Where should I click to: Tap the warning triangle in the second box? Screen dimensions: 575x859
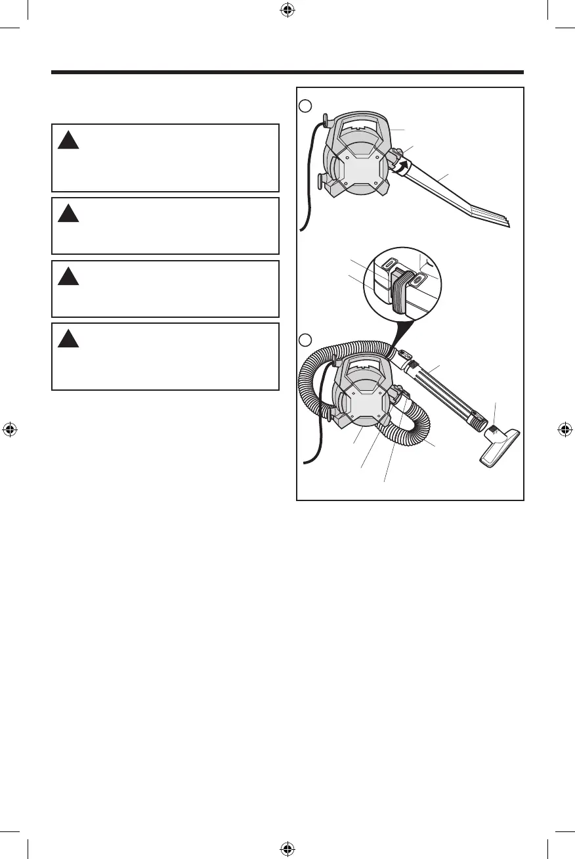pyautogui.click(x=67, y=213)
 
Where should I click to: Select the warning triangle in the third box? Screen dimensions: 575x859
pyautogui.click(x=67, y=276)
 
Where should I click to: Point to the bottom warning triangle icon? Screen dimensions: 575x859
pyautogui.click(x=67, y=339)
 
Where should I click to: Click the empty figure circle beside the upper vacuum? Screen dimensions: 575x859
pyautogui.click(x=305, y=105)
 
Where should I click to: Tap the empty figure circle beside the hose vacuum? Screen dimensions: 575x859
pyautogui.click(x=305, y=341)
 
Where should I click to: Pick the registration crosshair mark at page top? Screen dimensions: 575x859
pyautogui.click(x=287, y=10)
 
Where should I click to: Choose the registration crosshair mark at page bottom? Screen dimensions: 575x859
pyautogui.click(x=287, y=848)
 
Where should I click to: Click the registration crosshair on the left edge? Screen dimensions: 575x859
pyautogui.click(x=10, y=429)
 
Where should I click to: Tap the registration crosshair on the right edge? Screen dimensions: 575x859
pyautogui.click(x=565, y=429)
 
